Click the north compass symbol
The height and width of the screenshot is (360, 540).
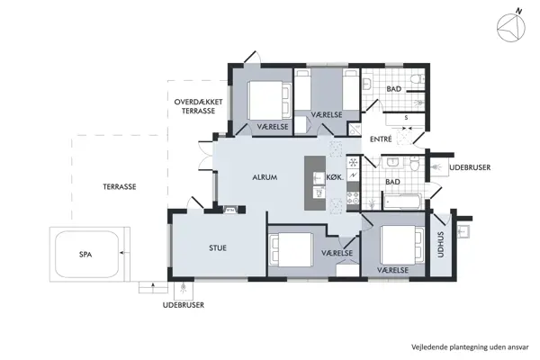[x=511, y=27]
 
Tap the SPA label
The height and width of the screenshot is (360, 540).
[x=85, y=255]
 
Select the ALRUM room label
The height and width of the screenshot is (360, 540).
[x=265, y=177]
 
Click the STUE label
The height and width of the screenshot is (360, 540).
[x=218, y=247]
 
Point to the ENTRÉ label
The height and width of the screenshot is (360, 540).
[x=381, y=139]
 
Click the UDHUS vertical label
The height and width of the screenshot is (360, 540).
[x=440, y=245]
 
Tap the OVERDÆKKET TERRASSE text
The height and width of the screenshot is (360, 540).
[x=198, y=106]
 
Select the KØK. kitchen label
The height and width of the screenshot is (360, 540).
[x=335, y=177]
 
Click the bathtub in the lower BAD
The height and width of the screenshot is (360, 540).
[x=402, y=201]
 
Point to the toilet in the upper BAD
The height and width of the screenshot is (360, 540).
[x=418, y=79]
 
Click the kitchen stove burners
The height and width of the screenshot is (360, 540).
[x=353, y=198]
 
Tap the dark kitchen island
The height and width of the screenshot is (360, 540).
[x=315, y=183]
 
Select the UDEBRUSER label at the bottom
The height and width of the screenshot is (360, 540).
[x=184, y=305]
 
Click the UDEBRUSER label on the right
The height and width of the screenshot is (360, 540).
[x=470, y=167]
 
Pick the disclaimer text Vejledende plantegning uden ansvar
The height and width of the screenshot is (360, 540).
[x=470, y=346]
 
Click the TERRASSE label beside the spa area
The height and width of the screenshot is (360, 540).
[x=120, y=186]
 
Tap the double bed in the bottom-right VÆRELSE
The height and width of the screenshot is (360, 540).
[x=402, y=245]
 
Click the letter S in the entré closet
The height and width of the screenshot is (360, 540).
[x=406, y=118]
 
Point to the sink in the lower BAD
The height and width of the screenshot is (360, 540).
[x=392, y=161]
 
